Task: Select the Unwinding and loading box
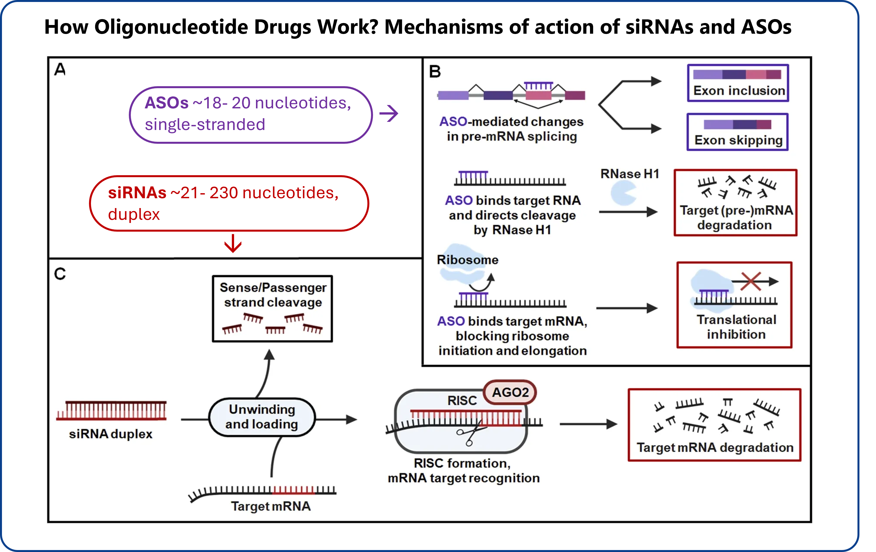pos(262,417)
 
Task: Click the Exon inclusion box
pos(738,83)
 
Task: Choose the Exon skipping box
pos(738,132)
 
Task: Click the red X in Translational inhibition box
pos(751,281)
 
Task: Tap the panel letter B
pos(435,72)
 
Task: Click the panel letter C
pos(60,274)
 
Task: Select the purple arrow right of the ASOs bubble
pos(389,113)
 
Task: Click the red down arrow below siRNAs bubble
pos(233,243)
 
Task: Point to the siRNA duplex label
pos(111,434)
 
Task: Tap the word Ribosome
pos(467,260)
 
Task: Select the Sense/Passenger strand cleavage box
pos(273,309)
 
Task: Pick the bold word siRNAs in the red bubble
pos(137,193)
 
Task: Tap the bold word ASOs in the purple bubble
pos(167,103)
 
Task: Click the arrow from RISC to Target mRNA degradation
pos(589,424)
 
